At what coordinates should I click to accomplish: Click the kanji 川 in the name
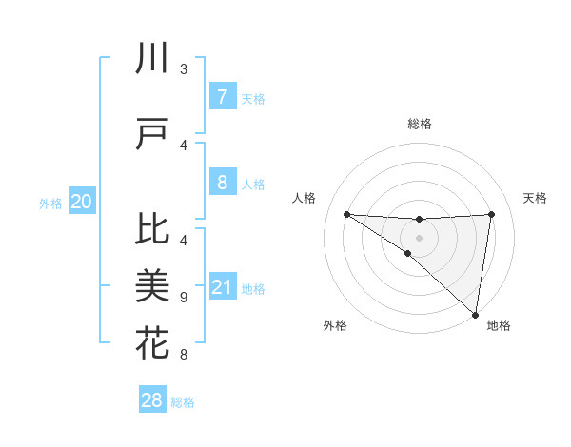click(152, 59)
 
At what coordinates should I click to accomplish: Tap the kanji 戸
click(152, 134)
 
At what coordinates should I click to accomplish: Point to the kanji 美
click(152, 285)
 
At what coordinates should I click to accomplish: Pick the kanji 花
click(152, 341)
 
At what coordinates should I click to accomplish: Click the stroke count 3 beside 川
click(183, 69)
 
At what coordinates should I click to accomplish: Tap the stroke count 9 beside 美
click(183, 297)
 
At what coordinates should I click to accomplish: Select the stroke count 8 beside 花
click(183, 355)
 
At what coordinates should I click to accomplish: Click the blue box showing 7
click(222, 96)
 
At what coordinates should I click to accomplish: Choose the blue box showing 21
click(222, 287)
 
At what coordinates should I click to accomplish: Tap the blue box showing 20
click(82, 202)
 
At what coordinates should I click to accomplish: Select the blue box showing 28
click(152, 400)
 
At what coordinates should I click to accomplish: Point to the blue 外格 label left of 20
click(50, 203)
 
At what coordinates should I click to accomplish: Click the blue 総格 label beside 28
click(183, 402)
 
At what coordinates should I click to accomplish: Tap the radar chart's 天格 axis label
click(535, 198)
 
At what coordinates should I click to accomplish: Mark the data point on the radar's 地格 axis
click(475, 314)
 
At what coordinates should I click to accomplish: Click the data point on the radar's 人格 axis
click(346, 214)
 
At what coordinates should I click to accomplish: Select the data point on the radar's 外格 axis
click(407, 253)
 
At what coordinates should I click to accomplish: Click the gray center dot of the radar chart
click(419, 237)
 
